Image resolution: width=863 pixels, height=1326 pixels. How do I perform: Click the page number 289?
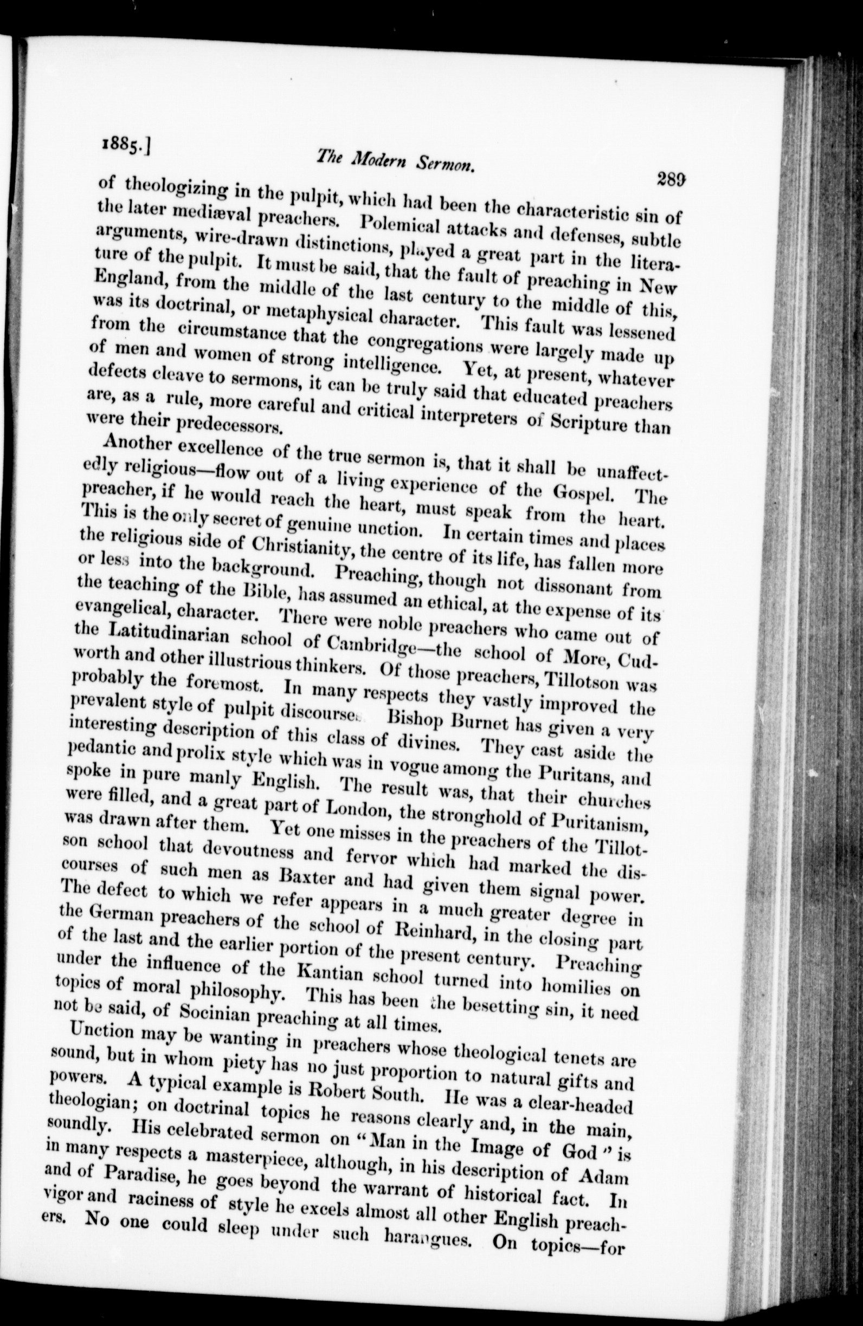point(671,180)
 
